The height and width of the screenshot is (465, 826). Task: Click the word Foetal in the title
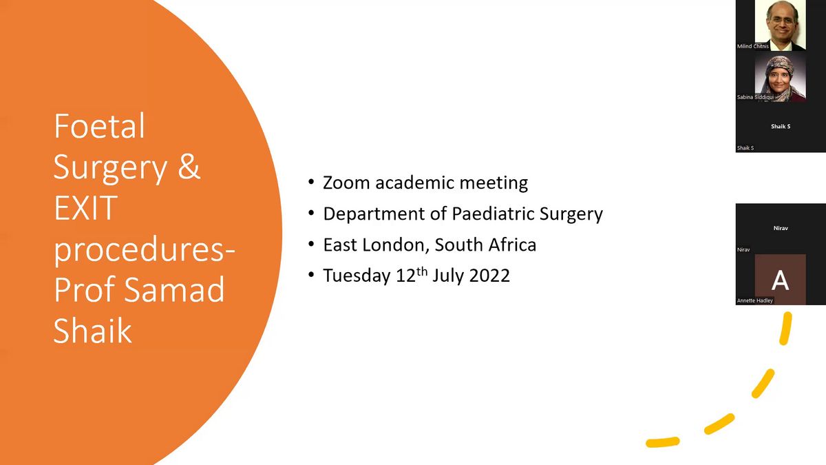[x=100, y=127]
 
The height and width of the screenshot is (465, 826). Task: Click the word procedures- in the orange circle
[x=144, y=249]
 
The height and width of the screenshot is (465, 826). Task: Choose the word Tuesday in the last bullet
[x=357, y=276]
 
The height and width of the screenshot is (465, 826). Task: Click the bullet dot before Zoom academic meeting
[x=311, y=183]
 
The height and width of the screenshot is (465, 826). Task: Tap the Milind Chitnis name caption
[x=752, y=46]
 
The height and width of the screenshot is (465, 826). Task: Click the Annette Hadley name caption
[x=755, y=300]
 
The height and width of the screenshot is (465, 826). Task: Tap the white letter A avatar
[x=780, y=280]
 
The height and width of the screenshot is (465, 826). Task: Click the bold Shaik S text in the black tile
[x=780, y=127]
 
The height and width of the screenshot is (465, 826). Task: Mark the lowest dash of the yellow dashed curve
[x=662, y=442]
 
